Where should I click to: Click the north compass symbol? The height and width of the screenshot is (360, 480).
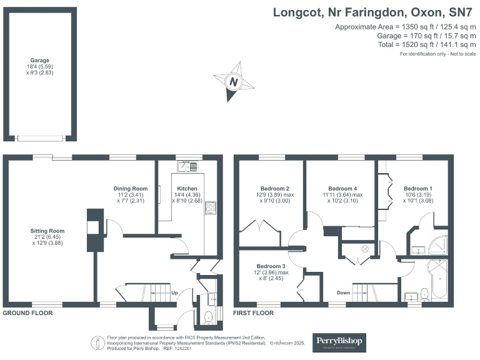coord(234,81)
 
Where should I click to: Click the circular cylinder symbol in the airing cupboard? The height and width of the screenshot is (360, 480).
coord(366,249)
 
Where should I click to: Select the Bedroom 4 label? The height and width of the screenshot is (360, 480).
coord(343,189)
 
